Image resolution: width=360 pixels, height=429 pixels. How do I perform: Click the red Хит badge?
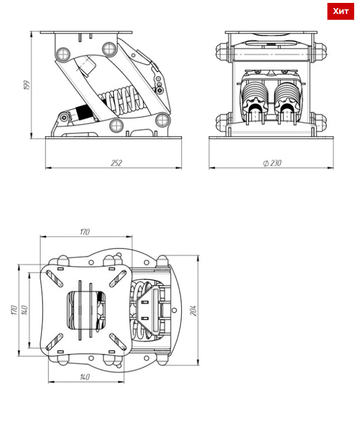tap(340, 11)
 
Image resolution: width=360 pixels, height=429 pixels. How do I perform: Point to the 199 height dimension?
tap(27, 85)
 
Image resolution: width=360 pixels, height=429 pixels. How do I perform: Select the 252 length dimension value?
tap(117, 163)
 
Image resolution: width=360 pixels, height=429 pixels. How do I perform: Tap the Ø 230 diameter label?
tap(272, 163)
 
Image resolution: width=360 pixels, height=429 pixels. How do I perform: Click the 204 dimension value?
tap(193, 311)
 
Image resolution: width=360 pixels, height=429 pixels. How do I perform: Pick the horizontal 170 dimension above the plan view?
tap(85, 232)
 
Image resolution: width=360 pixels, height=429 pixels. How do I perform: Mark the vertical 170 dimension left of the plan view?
tap(14, 310)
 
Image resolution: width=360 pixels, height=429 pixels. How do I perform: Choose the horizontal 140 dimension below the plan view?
tap(85, 377)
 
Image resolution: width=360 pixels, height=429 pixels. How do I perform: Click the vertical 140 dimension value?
tap(24, 310)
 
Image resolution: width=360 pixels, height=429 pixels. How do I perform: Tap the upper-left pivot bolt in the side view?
tap(63, 54)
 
